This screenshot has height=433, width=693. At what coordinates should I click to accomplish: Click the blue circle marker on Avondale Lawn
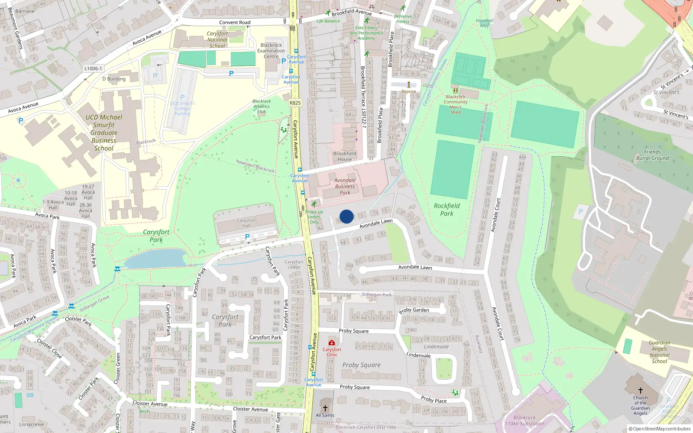pyautogui.click(x=346, y=216)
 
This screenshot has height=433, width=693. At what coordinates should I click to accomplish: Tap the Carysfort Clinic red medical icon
pyautogui.click(x=332, y=343)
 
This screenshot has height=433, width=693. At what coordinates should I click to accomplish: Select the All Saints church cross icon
pyautogui.click(x=325, y=408)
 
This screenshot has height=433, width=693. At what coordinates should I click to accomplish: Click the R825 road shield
pyautogui.click(x=295, y=103)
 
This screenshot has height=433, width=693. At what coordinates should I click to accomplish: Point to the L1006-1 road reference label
pyautogui.click(x=93, y=68)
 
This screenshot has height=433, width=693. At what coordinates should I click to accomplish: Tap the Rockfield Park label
pyautogui.click(x=447, y=210)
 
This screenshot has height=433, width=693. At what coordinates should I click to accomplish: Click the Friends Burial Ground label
pyautogui.click(x=652, y=155)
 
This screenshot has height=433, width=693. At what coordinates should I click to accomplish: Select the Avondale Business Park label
pyautogui.click(x=345, y=187)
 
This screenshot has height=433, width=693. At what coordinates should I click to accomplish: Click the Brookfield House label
pyautogui.click(x=345, y=156)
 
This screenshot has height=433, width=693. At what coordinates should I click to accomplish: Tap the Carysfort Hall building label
pyautogui.click(x=246, y=223)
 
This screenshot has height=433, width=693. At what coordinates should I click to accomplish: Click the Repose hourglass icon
pyautogui.click(x=408, y=85)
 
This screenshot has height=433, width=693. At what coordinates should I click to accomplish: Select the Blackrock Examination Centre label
pyautogui.click(x=271, y=51)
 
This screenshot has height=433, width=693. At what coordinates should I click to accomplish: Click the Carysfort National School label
pyautogui.click(x=217, y=39)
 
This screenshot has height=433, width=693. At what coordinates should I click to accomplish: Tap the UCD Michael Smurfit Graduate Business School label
pyautogui.click(x=104, y=132)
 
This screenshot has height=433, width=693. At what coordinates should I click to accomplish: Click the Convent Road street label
pyautogui.click(x=235, y=23)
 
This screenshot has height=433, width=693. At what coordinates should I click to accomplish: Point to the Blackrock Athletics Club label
pyautogui.click(x=262, y=107)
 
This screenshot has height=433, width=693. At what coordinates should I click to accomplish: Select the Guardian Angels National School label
pyautogui.click(x=659, y=352)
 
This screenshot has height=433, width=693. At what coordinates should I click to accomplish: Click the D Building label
pyautogui.click(x=114, y=79)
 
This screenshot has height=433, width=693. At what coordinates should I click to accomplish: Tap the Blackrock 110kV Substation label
pyautogui.click(x=525, y=421)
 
